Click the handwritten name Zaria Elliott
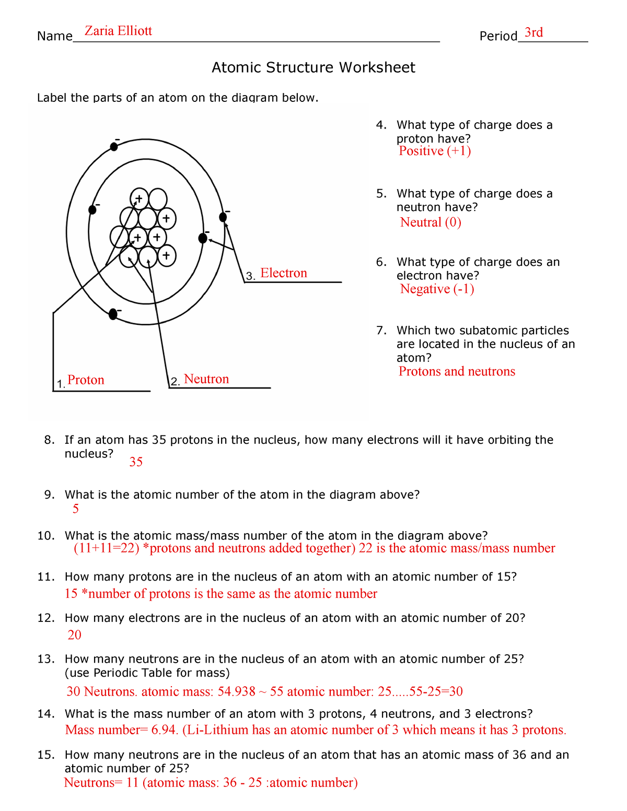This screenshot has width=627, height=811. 118,31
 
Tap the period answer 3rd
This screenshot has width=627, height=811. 533,33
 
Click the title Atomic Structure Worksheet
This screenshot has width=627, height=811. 313,67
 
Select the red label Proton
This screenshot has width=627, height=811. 86,380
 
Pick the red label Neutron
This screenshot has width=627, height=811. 206,379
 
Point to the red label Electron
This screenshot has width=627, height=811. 283,273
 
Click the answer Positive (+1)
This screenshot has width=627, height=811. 434,151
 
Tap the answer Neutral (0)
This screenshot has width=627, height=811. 430,222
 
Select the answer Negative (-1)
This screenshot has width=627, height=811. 437,289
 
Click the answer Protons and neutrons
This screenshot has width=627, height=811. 456,371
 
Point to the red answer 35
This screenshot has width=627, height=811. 136,462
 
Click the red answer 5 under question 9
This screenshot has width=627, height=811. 76,509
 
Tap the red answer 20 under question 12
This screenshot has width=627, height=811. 75,635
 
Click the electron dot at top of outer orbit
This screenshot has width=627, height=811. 114,147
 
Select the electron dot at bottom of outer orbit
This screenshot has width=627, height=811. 113,314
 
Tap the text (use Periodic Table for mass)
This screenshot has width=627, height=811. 147,673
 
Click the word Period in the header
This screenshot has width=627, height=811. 498,36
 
